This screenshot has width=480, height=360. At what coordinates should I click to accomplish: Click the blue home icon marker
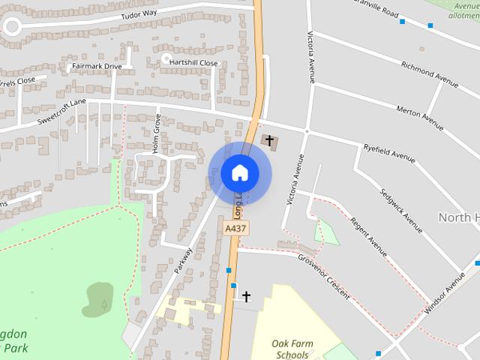pos(239,172)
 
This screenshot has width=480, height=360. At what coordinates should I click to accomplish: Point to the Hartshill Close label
pos(193,63)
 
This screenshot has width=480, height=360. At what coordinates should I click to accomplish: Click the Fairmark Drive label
pos(96,66)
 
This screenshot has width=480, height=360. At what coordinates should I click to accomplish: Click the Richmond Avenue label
pos(429,73)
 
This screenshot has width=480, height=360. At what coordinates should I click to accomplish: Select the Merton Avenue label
pos(420,115)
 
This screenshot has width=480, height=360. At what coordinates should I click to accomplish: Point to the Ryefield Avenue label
pos(388,152)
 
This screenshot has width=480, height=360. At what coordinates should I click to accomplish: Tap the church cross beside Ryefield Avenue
pos(269,140)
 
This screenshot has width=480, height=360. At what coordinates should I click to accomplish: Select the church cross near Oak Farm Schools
pos(245,297)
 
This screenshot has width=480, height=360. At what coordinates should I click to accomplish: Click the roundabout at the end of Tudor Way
pos(11,28)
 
